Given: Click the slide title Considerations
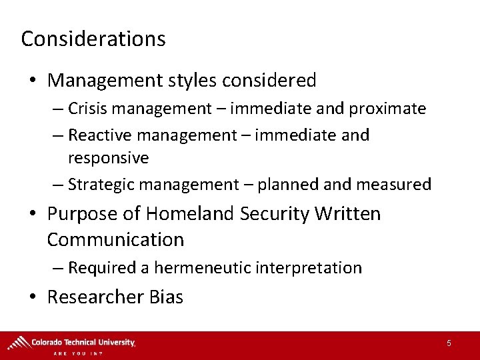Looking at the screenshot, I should [x=93, y=39].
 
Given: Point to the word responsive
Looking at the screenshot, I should [x=108, y=158].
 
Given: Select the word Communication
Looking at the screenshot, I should [x=115, y=239].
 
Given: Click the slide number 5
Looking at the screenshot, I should [x=449, y=343].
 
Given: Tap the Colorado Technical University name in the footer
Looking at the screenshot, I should [x=83, y=342].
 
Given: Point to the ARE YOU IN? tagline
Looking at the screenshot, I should [x=78, y=353].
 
